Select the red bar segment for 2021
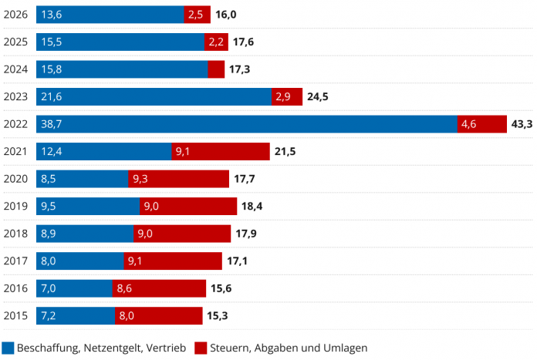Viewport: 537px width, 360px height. click(220, 151)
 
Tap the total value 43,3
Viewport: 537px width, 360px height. click(522, 124)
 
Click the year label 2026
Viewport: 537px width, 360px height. click(16, 15)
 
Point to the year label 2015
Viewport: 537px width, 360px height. click(16, 315)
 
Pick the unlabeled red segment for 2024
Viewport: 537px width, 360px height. click(216, 69)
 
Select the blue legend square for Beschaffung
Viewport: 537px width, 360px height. click(8, 348)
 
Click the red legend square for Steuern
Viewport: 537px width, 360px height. click(200, 348)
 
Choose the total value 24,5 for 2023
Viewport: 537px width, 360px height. click(319, 97)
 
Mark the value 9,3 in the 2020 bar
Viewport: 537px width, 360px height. click(140, 179)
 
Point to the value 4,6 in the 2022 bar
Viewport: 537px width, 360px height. click(468, 124)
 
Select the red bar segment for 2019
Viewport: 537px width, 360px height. click(188, 207)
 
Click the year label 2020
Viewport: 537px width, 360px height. click(16, 179)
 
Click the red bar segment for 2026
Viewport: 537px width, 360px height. click(196, 15)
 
